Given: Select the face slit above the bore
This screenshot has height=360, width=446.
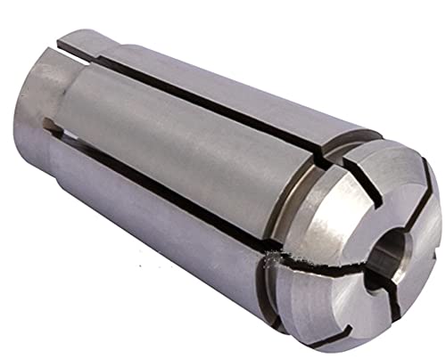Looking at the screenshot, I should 393,183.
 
